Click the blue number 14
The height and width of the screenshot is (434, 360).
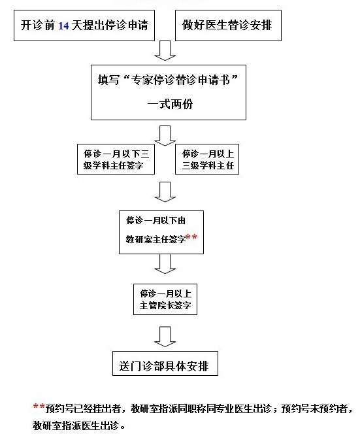[x=63, y=25]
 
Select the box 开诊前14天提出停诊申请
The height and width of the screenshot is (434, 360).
[x=84, y=25]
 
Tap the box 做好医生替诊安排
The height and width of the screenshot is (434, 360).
[x=228, y=25]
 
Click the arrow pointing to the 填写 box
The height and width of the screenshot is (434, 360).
[x=165, y=50]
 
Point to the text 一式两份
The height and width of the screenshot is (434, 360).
[x=170, y=105]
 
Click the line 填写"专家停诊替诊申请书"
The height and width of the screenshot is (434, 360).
[x=168, y=80]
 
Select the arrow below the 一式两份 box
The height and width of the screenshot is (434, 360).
[x=165, y=136]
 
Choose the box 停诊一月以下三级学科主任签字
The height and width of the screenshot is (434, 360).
[x=116, y=159]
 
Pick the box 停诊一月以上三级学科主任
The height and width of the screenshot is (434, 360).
[x=207, y=159]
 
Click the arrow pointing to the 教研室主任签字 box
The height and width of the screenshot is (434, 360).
[x=165, y=192]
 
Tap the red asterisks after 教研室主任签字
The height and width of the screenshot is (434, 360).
[x=191, y=237]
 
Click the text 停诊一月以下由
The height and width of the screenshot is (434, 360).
[x=155, y=221]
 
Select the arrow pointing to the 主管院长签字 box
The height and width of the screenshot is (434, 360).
[x=165, y=264]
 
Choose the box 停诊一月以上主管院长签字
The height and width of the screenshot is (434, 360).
[x=165, y=299]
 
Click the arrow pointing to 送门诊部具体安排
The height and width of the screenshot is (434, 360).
[x=165, y=337]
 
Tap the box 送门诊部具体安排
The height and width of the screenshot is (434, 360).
[x=165, y=363]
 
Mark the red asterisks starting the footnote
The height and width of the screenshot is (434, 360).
[x=39, y=407]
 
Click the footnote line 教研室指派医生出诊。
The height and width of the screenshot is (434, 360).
[x=79, y=426]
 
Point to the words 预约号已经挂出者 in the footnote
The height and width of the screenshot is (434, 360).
[x=83, y=409]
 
